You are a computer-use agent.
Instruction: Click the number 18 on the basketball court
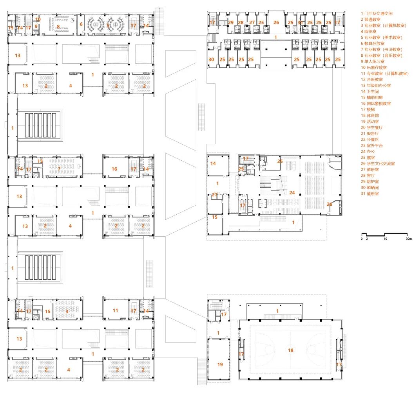point(290,350)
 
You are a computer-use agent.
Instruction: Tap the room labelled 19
point(220,364)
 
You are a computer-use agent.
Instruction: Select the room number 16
point(114,169)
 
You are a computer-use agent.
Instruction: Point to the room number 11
point(115,310)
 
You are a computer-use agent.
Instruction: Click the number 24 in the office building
point(292,192)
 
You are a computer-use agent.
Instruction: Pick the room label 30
point(211,59)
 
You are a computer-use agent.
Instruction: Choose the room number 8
point(58,27)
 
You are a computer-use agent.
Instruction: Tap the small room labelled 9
point(36,27)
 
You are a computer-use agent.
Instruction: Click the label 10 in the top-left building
point(38,19)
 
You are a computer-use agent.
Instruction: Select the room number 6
point(81,24)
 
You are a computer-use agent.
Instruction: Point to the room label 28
point(241,23)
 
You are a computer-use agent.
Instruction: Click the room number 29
point(231,23)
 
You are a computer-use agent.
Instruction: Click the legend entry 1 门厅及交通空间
point(377,14)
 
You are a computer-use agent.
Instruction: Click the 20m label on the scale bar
point(408,238)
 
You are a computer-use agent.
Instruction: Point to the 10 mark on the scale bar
point(386,238)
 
